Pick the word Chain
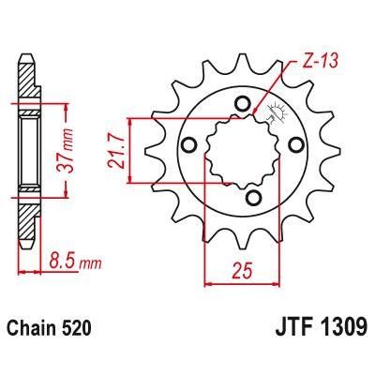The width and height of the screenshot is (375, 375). click(x=43, y=328)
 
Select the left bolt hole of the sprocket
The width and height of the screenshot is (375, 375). click(x=187, y=143)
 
